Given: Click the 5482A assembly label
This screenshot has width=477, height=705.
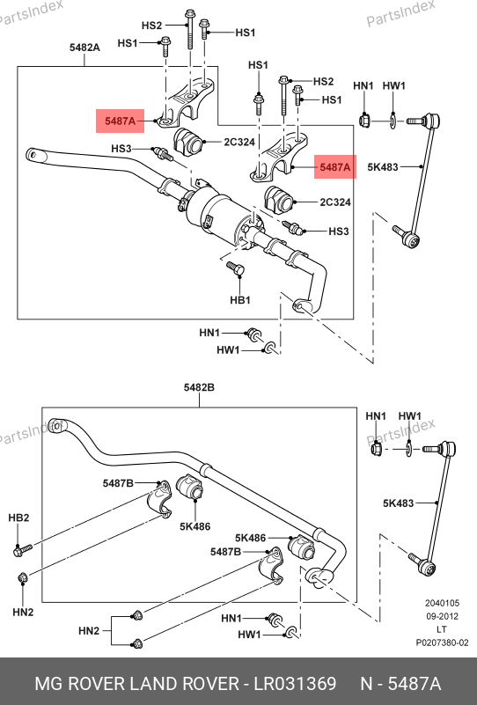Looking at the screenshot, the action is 84,48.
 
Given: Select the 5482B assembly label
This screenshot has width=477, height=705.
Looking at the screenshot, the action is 199,387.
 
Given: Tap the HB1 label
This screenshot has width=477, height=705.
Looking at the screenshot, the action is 240,300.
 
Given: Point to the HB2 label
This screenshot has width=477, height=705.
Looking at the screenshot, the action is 18,518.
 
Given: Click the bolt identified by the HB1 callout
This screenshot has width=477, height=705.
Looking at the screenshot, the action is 236,268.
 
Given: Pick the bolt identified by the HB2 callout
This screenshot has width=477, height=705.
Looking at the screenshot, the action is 23,549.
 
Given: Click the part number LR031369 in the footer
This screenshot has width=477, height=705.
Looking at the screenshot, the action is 295,683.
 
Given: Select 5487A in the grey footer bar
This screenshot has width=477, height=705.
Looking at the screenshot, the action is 414,683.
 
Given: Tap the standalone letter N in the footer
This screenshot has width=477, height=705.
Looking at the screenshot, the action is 367,683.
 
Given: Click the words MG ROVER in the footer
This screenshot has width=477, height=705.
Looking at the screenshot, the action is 80,683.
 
